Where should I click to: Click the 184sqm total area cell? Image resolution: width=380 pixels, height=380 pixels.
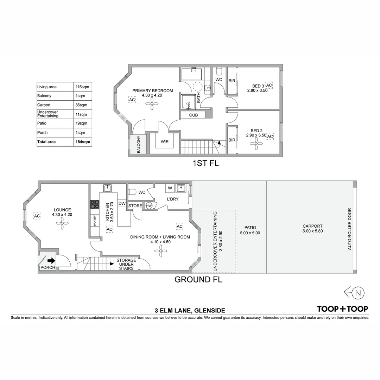click(x=83, y=142)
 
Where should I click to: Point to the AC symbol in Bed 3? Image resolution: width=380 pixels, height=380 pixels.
click(x=269, y=85)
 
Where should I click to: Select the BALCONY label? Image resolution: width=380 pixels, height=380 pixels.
click(x=139, y=144)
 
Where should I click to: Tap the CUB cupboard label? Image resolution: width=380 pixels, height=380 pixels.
click(x=193, y=115)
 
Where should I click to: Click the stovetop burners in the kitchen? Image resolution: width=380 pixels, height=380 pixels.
click(x=95, y=205)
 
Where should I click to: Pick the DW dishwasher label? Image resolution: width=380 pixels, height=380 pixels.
click(x=122, y=203)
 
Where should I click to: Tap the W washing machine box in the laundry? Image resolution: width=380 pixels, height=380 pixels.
click(x=170, y=188)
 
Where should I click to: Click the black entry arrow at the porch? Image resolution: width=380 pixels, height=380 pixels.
click(x=51, y=261)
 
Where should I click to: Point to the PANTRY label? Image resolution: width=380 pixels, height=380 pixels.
click(x=95, y=221)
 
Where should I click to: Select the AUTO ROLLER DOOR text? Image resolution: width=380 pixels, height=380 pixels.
click(x=349, y=229)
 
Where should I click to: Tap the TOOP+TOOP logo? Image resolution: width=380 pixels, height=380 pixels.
click(x=342, y=309)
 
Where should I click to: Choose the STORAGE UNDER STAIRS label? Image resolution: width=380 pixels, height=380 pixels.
click(x=126, y=264)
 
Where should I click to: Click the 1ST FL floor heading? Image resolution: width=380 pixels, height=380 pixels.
click(x=205, y=163)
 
